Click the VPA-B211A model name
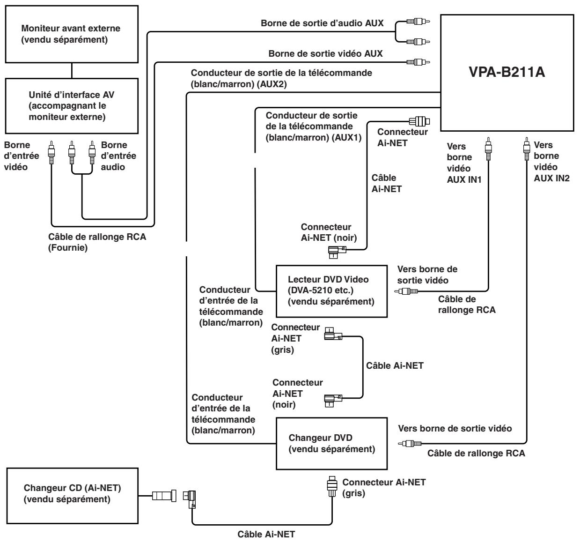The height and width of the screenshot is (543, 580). (x=507, y=72)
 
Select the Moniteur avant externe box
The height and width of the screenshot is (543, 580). (x=72, y=34)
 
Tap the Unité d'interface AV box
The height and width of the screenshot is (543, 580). (x=72, y=106)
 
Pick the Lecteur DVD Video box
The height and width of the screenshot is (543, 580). (x=332, y=291)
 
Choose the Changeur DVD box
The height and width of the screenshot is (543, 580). (x=332, y=444)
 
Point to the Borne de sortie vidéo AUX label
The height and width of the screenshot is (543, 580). (x=325, y=53)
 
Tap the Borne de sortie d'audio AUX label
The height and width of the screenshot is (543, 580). (x=322, y=23)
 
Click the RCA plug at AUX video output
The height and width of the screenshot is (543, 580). (x=418, y=62)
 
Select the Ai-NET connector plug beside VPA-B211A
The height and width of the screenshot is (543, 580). (x=419, y=121)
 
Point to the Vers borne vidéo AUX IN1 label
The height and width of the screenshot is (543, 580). (x=464, y=163)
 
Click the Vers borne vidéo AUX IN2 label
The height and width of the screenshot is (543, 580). (x=551, y=162)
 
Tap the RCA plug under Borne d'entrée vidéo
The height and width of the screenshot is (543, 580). (x=51, y=152)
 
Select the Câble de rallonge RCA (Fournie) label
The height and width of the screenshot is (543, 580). (x=97, y=242)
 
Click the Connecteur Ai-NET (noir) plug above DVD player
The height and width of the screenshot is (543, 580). (x=337, y=252)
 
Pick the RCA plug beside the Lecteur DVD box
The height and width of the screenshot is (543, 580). (x=406, y=291)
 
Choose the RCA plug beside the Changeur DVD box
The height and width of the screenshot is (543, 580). (x=410, y=444)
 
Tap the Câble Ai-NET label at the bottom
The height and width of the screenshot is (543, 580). (x=266, y=534)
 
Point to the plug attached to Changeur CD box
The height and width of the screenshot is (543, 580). (x=164, y=496)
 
